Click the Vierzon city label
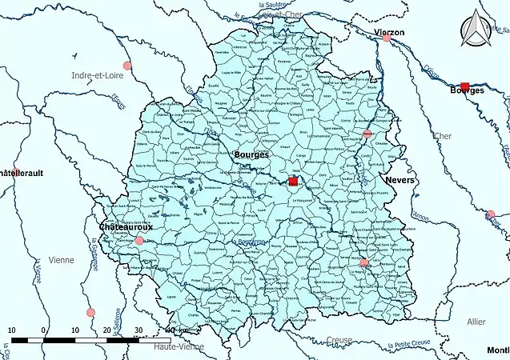389,31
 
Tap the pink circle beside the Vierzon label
388,38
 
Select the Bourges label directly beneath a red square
468,91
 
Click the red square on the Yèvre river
465,85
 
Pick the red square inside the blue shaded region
293,182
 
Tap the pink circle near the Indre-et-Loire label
126,66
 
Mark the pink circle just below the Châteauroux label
139,240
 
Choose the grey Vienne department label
61,260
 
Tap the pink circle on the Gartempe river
90,312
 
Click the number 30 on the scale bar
139,330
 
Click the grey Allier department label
476,321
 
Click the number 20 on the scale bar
106,330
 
